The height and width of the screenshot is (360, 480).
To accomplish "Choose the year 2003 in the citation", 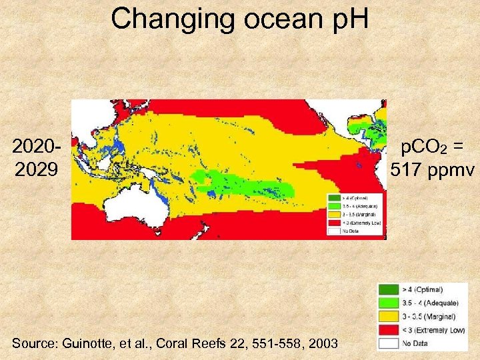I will (322, 343).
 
